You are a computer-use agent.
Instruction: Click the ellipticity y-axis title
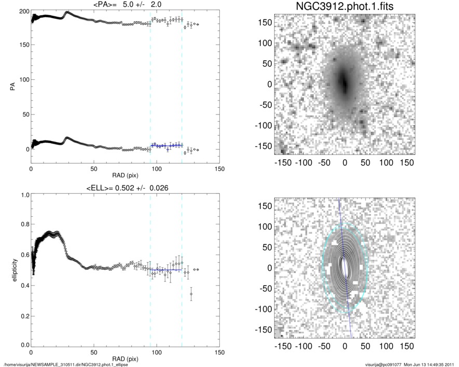pos(12,271)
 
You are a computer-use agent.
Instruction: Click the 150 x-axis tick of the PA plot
pos(219,169)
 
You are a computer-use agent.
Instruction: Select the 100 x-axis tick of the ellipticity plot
pos(157,352)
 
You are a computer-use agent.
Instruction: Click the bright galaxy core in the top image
pos(343,81)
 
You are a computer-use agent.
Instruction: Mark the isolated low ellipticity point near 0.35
pos(191,294)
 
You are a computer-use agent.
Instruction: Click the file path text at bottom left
pos(66,364)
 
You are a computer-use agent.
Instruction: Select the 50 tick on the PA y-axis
pos(24,115)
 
